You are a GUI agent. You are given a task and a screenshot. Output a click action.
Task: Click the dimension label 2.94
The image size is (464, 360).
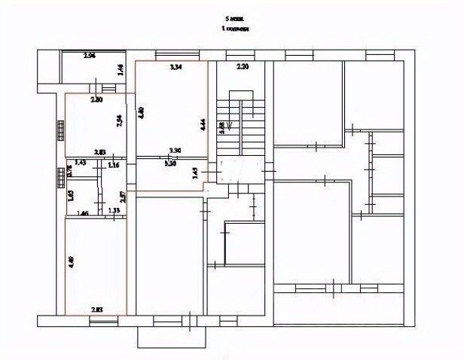tap(89, 56)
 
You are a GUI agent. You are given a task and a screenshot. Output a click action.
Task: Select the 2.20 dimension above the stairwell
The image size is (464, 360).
tap(242, 68)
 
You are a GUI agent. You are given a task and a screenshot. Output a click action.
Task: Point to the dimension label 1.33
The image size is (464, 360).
tap(114, 210)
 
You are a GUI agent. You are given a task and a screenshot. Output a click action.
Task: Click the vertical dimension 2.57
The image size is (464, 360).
tap(123, 197)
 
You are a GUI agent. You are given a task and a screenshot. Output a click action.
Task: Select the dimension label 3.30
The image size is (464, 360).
tap(176, 150)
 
